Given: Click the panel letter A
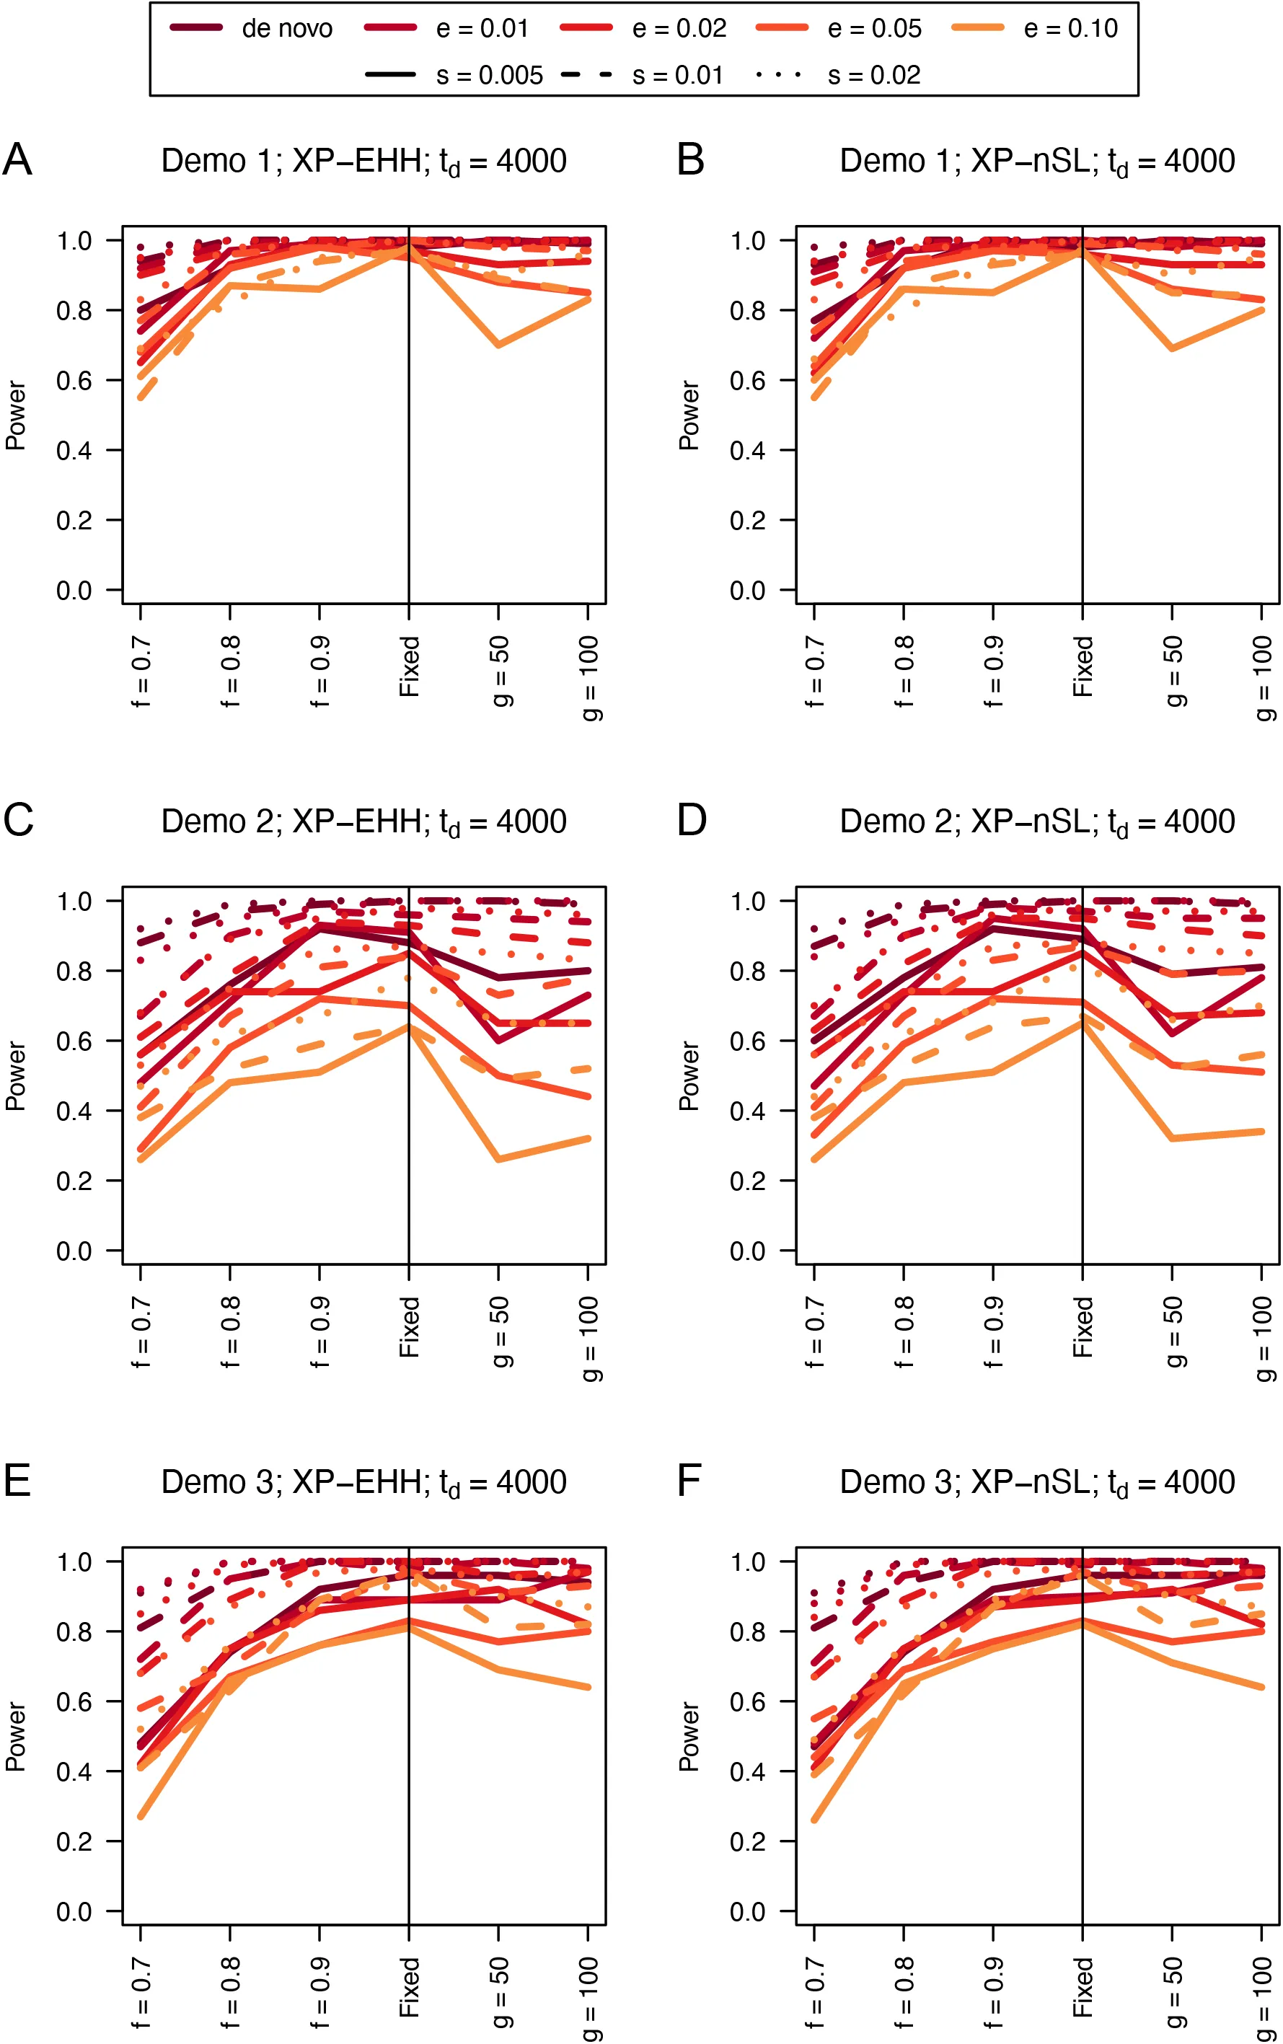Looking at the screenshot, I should (x=17, y=159).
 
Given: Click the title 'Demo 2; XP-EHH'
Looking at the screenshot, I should (x=363, y=821).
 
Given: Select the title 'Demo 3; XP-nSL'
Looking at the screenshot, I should (x=1037, y=1482).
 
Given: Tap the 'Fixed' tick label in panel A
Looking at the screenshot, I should (x=410, y=667).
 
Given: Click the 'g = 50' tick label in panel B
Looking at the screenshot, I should (x=1173, y=671).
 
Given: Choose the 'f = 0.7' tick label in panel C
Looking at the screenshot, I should (x=141, y=1332).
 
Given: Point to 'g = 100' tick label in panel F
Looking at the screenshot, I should (x=1263, y=1998).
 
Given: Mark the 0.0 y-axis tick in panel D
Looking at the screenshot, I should (x=748, y=1251).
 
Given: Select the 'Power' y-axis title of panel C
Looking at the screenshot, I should (x=16, y=1076).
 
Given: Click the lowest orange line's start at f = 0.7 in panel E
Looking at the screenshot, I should (x=141, y=1817).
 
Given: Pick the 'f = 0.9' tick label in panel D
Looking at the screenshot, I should (x=994, y=1332).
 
